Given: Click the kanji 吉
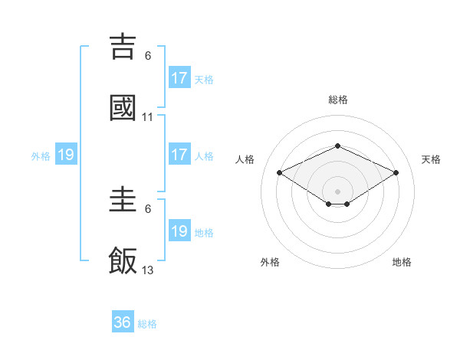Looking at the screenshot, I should tap(123, 47).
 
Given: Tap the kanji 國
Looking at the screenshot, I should tap(123, 108).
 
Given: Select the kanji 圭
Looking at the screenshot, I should tap(123, 200).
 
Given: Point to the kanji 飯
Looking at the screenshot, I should tap(123, 261).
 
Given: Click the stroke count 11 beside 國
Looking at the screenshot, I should tap(148, 117).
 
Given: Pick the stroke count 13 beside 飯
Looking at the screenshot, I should tap(148, 270).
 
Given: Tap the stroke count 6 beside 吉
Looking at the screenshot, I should tap(148, 56).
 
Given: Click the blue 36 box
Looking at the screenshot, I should tap(123, 322).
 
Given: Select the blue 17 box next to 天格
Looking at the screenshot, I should tap(179, 77).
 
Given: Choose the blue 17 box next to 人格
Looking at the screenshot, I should tap(179, 155).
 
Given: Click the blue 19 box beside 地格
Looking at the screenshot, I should tap(179, 231).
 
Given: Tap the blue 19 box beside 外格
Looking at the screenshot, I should tap(66, 155).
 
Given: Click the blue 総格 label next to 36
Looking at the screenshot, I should tap(147, 324).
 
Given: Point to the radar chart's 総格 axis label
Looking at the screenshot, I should tap(337, 100).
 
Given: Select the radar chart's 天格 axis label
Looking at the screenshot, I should tap(431, 159).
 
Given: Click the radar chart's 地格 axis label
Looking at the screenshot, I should tap(402, 262).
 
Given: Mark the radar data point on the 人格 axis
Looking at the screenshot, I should tap(280, 172).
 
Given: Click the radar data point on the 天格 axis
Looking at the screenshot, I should tap(396, 172).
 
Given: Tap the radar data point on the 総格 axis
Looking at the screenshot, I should tap(337, 146).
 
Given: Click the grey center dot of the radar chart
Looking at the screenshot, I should tap(337, 191).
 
